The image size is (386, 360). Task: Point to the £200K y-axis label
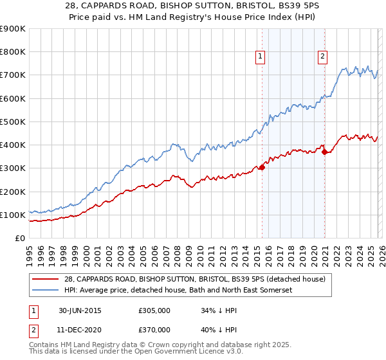tap(13, 192)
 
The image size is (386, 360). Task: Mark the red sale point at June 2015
tap(262, 167)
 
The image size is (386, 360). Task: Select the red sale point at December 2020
tap(325, 152)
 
